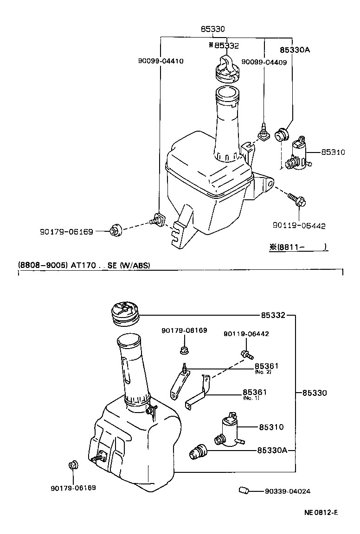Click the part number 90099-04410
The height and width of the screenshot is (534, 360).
click(x=161, y=61)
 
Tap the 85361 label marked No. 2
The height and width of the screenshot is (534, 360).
click(x=266, y=366)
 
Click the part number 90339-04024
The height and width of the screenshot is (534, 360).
click(x=288, y=491)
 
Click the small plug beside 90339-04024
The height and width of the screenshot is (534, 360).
click(x=244, y=490)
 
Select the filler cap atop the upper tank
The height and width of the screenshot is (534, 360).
click(x=227, y=68)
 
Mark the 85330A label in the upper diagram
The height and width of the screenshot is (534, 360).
click(x=295, y=50)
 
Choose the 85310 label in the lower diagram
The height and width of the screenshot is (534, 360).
click(x=271, y=427)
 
